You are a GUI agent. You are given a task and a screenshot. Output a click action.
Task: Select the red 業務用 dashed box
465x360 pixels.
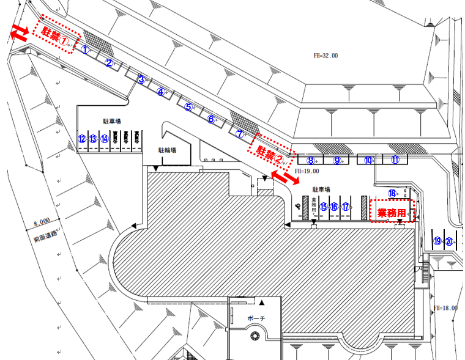tap(392, 211)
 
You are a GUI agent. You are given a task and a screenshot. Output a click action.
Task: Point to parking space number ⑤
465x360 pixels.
tap(189, 107)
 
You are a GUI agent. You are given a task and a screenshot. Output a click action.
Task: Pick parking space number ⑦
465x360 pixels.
tap(240, 133)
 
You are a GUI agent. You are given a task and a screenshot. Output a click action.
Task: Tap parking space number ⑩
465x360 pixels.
tap(368, 160)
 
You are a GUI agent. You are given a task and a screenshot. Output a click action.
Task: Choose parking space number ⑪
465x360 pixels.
tap(396, 160)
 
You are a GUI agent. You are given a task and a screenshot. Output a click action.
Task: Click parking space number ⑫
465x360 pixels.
tap(81, 139)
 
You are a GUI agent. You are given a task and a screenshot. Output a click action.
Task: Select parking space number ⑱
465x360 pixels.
tap(392, 193)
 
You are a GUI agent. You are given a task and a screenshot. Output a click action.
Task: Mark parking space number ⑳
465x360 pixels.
tap(449, 241)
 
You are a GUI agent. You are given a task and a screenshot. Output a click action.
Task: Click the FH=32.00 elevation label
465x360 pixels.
tap(325, 56)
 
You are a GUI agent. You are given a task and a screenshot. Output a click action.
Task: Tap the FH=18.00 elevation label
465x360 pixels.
tap(445, 308)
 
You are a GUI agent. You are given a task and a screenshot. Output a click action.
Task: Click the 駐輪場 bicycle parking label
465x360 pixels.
tap(168, 149)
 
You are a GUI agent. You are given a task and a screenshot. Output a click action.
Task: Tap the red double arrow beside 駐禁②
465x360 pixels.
tap(282, 176)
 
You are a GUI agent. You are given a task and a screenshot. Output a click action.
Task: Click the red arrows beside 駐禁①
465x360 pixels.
tap(19, 33)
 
